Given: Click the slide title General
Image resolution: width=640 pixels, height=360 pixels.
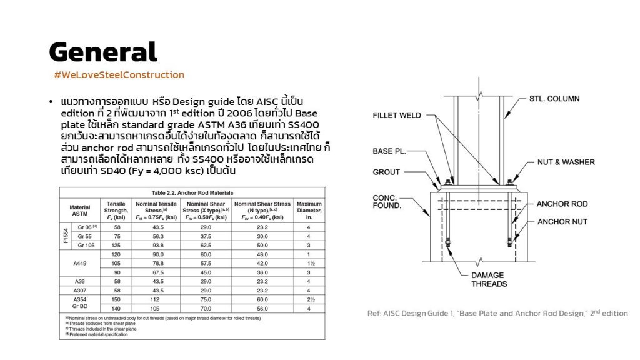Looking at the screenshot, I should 103,52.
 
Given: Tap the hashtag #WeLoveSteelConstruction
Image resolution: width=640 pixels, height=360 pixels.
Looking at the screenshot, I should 119,75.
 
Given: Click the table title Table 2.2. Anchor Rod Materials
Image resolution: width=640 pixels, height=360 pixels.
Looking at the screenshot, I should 192,193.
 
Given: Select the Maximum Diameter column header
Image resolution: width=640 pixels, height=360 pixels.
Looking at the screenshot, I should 309,211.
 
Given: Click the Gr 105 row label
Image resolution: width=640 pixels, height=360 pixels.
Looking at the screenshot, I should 86,246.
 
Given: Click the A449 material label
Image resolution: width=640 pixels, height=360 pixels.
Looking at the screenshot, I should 79,264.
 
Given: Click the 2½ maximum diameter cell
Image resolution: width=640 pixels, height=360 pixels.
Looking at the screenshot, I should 309,300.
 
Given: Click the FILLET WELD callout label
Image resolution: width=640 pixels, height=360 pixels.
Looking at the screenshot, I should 397,116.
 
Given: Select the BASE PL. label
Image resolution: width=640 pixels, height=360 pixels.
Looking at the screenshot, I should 392,151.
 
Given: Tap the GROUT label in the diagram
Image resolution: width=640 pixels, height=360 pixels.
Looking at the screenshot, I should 386,172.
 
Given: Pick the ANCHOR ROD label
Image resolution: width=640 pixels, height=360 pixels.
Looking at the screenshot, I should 562,204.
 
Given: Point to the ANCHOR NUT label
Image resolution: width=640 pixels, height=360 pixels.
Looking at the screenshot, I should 562,222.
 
